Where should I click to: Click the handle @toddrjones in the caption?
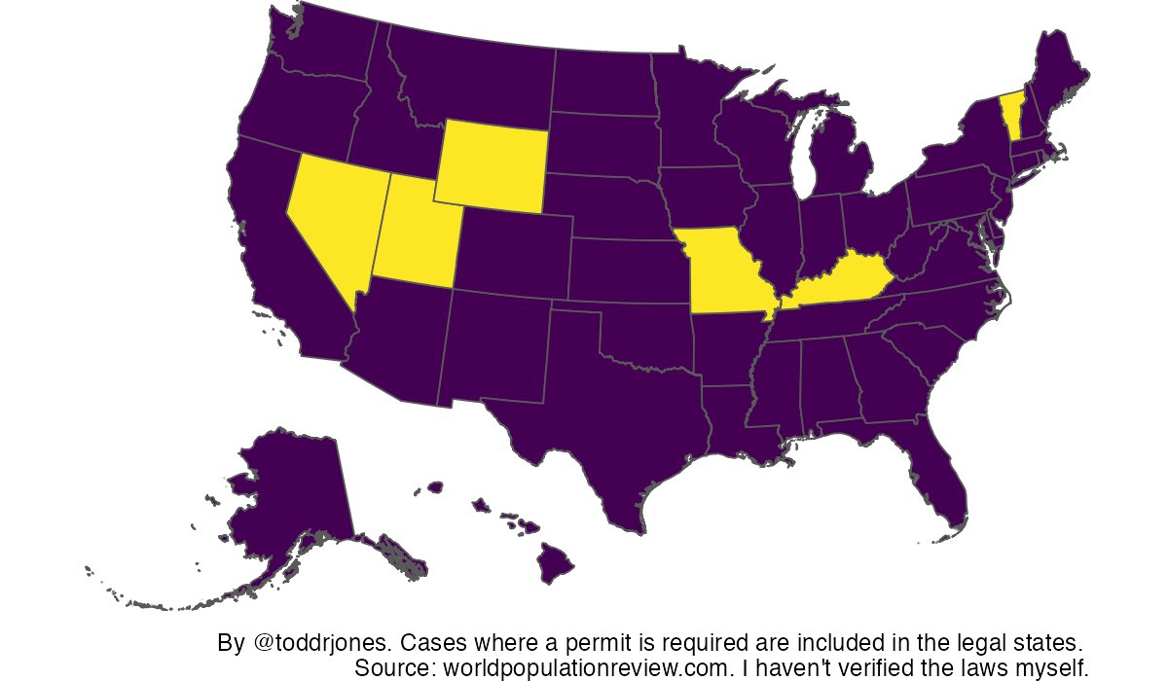pos(320,644)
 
